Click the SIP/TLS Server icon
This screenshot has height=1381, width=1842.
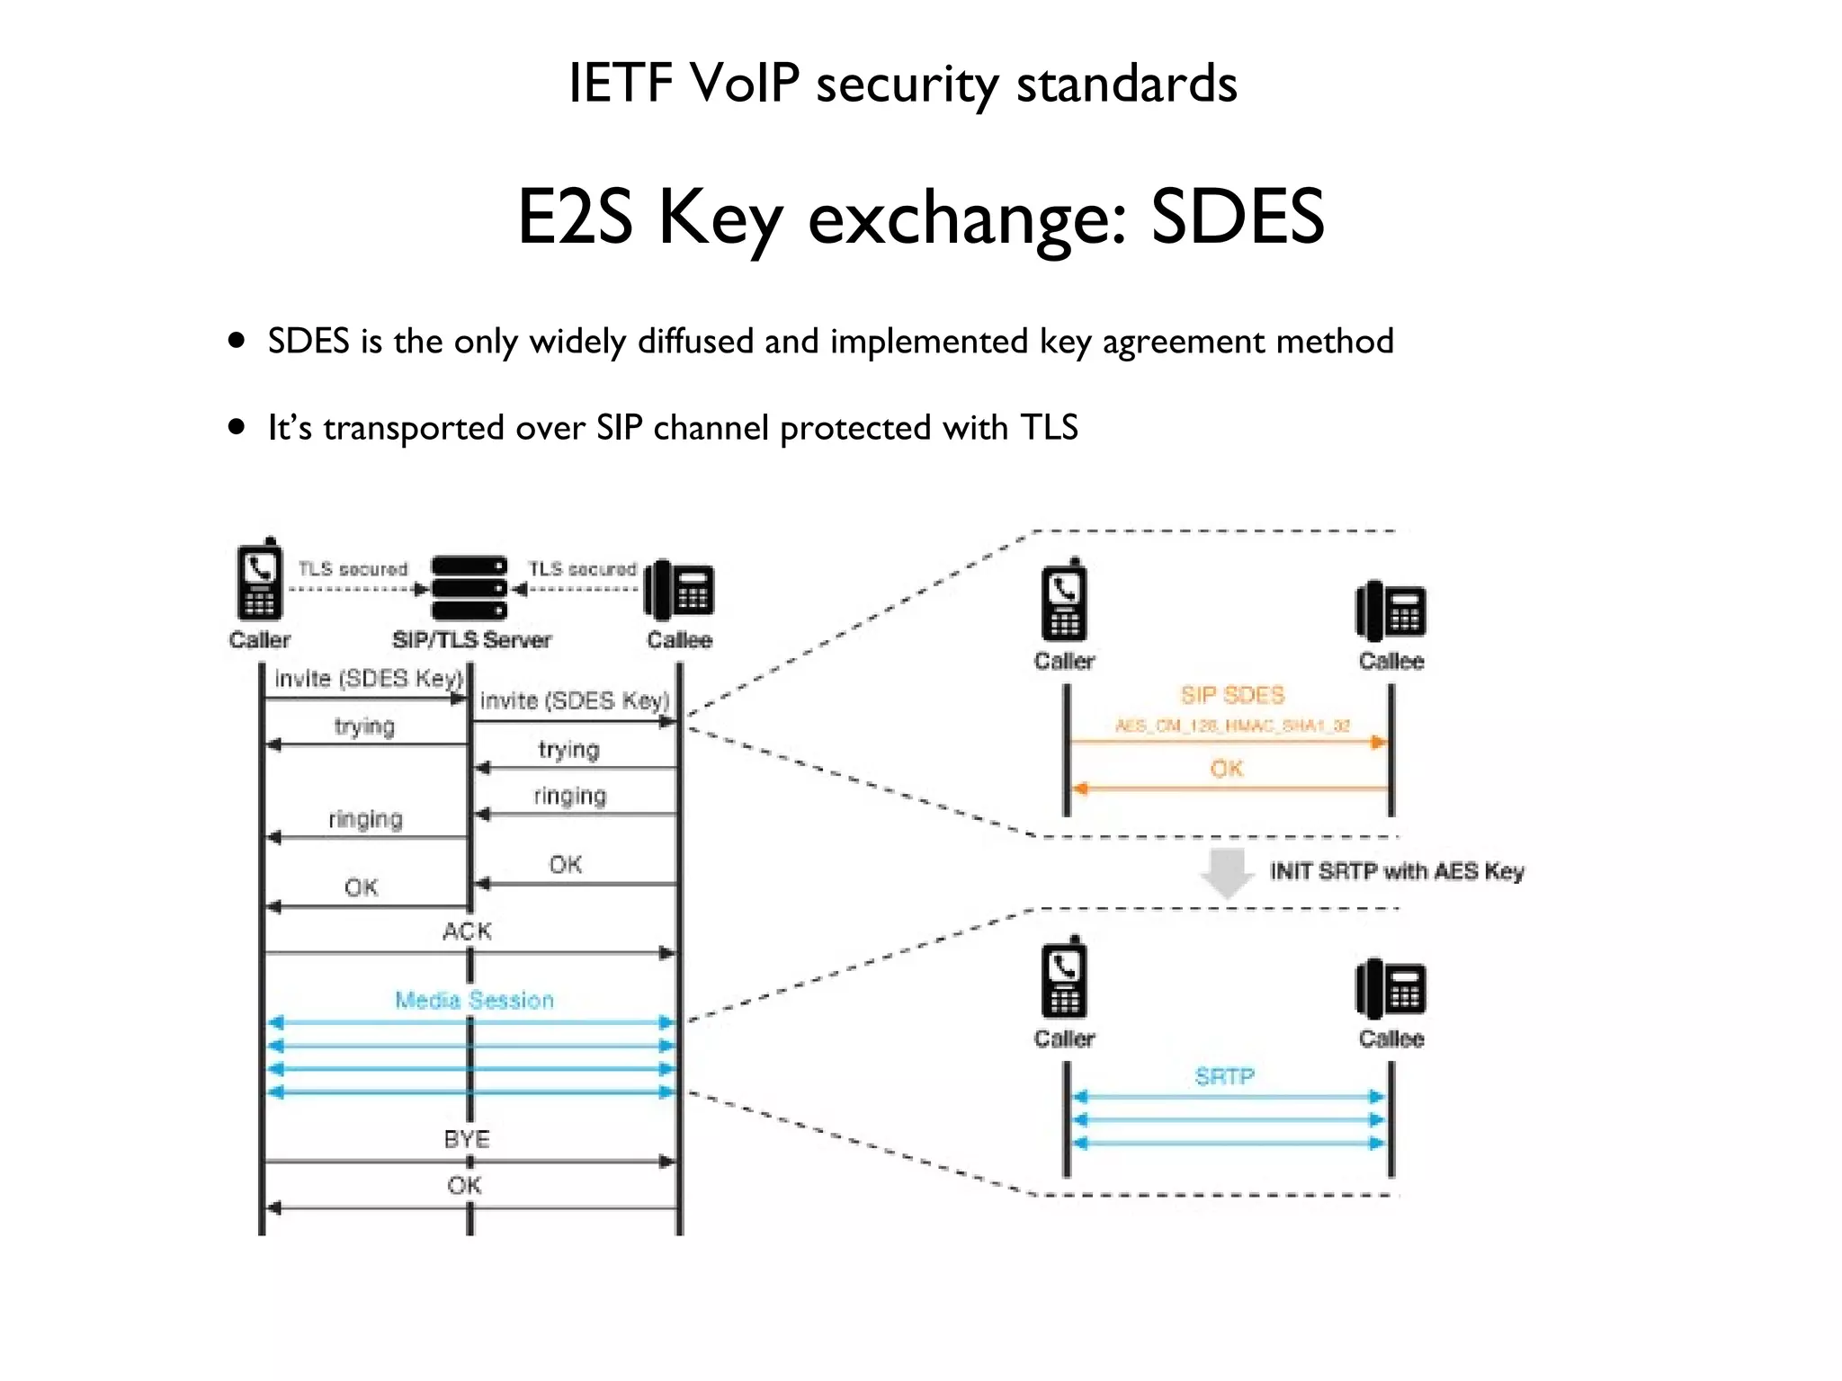click(469, 588)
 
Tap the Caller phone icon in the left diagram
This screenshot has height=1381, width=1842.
click(259, 581)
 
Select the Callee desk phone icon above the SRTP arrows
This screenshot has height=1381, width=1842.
click(1390, 988)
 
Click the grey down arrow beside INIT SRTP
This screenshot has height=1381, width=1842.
click(1228, 871)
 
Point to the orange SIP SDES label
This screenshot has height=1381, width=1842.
click(1232, 695)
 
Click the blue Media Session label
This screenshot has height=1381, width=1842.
click(475, 1000)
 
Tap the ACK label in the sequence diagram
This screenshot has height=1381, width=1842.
click(467, 931)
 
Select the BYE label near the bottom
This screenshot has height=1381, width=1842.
click(467, 1139)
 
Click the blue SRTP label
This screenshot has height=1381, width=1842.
click(1224, 1076)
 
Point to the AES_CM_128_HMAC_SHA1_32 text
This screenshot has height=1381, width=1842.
click(1232, 726)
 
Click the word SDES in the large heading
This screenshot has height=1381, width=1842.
click(1237, 217)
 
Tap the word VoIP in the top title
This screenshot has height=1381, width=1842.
click(744, 84)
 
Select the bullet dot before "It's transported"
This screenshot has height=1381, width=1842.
click(237, 427)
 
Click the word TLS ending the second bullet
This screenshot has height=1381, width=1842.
click(1049, 428)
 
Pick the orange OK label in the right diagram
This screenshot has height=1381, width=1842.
click(1227, 769)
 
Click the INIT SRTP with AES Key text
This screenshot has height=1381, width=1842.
click(1396, 871)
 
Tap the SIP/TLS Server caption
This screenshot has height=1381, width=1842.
click(471, 640)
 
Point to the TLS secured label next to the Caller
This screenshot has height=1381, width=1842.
click(353, 569)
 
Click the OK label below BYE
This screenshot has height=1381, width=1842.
click(464, 1186)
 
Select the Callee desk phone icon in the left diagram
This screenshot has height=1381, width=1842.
click(680, 590)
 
